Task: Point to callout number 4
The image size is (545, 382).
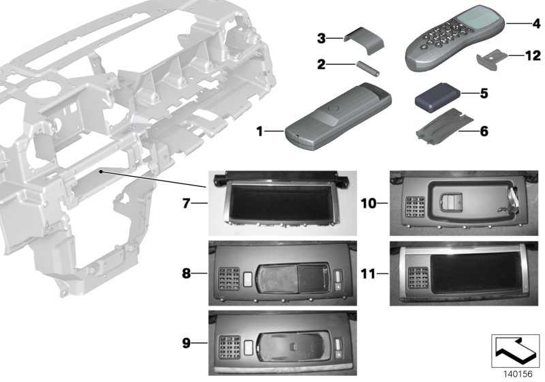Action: pyautogui.click(x=536, y=23)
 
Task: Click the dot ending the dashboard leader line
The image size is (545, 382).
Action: pyautogui.click(x=100, y=171)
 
